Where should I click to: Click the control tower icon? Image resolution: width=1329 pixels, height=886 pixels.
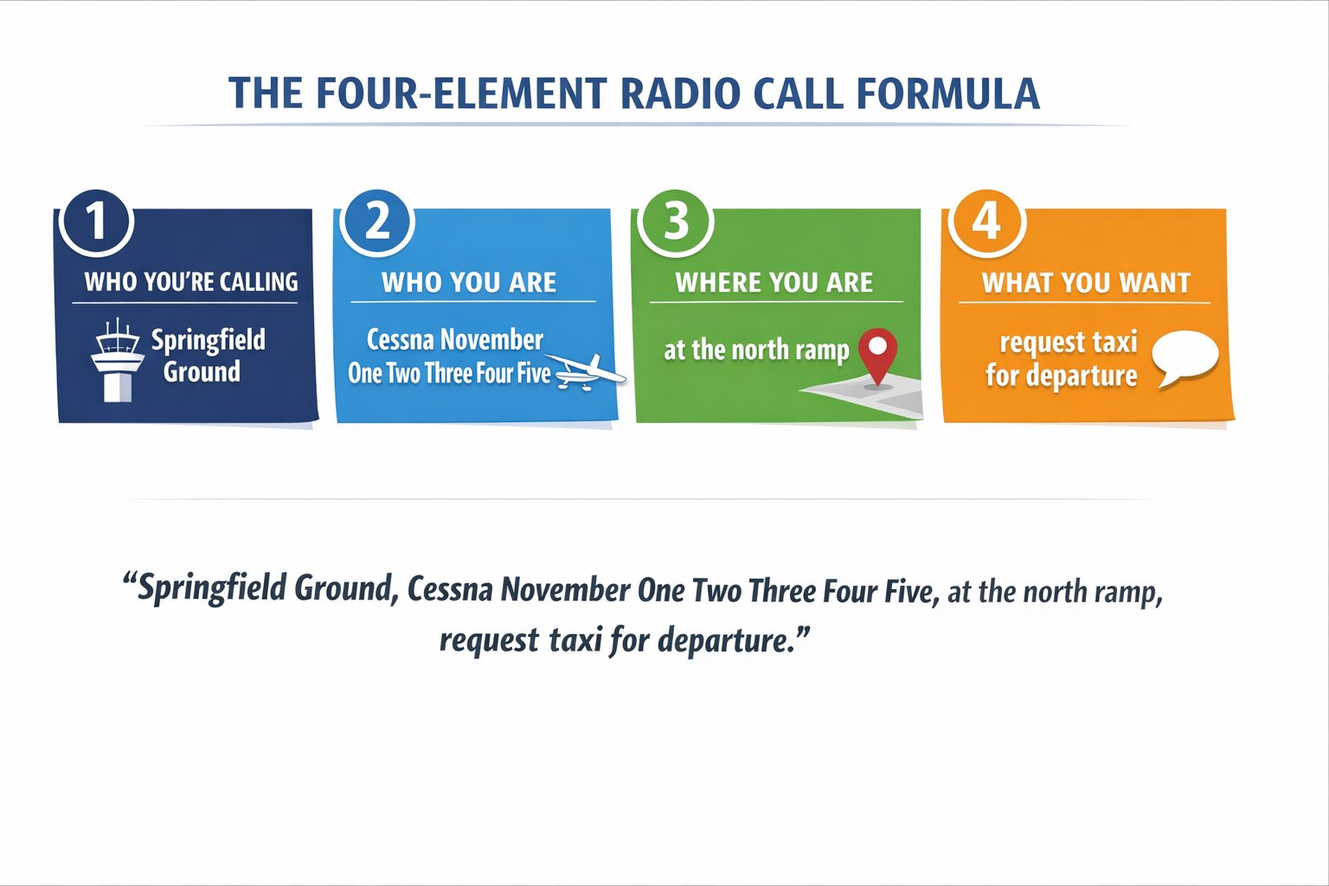pos(117,360)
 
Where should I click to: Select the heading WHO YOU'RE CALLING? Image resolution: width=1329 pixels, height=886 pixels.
pos(190,282)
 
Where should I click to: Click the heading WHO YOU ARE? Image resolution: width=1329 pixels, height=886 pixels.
pos(469,282)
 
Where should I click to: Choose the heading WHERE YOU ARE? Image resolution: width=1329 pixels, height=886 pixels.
pos(774,282)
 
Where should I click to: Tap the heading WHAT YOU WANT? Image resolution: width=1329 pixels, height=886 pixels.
pos(1086,282)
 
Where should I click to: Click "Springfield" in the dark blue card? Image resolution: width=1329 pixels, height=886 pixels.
pos(209,341)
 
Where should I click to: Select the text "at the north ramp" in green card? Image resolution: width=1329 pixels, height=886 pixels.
pos(756,350)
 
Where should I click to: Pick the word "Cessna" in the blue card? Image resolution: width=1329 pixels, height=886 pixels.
pos(399,339)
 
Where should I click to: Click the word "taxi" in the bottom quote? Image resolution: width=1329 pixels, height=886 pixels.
pos(575,640)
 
